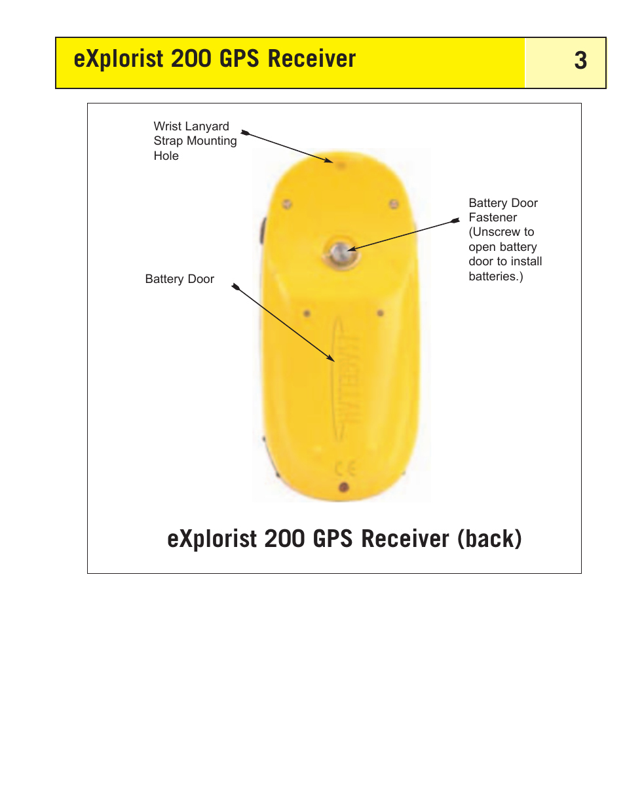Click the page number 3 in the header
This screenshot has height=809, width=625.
[580, 61]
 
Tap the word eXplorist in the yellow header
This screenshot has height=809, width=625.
[119, 59]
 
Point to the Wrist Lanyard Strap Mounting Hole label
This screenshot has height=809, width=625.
[195, 141]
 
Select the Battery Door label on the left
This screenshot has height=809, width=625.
[180, 279]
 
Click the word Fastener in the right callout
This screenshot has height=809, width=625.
[493, 217]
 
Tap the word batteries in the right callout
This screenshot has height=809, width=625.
[493, 276]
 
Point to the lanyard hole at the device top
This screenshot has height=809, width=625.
[341, 164]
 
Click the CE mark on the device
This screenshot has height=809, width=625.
[345, 468]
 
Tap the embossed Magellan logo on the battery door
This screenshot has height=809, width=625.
[347, 380]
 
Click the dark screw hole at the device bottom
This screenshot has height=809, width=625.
[343, 487]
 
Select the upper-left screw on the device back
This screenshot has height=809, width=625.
[287, 204]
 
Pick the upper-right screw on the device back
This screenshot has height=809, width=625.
[394, 204]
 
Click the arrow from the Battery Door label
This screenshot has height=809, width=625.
[284, 323]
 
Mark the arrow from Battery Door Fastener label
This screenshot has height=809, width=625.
[403, 235]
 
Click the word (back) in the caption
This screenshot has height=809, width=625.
[489, 538]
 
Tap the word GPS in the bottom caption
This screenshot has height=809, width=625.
[333, 538]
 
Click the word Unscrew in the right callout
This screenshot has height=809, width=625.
[495, 232]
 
